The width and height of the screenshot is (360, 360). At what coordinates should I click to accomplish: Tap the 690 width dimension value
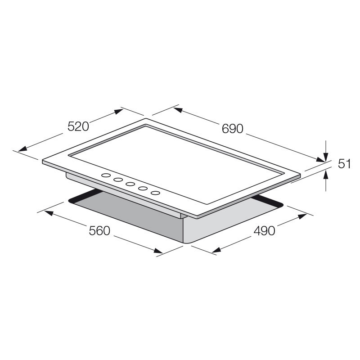coord(232,128)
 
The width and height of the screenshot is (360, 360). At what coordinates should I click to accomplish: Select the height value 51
coord(344,164)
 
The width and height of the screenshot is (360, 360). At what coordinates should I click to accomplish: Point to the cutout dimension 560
coord(99,231)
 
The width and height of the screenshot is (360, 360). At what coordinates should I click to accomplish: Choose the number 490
coord(264,231)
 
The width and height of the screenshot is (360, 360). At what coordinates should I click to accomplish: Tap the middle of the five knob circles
coord(131,184)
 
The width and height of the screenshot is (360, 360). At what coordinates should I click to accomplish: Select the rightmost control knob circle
coord(155,193)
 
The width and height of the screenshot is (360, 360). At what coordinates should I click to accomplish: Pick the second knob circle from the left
coord(118,180)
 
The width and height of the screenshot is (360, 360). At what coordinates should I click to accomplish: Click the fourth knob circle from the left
coord(143,189)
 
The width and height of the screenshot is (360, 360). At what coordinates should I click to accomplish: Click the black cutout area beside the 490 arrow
coord(268,202)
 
